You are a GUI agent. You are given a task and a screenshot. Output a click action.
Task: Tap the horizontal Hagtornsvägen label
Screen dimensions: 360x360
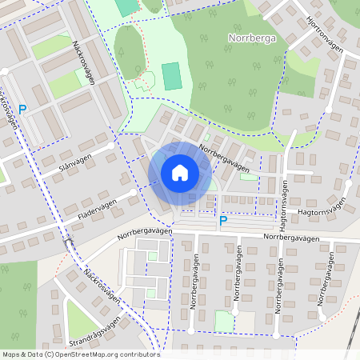point(326,205)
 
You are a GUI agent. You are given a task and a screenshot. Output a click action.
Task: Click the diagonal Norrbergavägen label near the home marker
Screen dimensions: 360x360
point(224,158)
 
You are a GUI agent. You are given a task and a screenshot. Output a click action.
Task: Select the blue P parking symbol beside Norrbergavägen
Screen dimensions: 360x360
point(222,220)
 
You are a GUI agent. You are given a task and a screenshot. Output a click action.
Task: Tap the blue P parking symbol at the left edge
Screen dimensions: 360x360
point(22,110)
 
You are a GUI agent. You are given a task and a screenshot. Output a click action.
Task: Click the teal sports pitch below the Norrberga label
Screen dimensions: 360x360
point(171,76)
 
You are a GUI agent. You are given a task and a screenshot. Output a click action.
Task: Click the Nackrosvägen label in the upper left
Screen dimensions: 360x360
point(89,58)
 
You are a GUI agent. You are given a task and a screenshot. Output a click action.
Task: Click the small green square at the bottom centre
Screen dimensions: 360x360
point(225,321)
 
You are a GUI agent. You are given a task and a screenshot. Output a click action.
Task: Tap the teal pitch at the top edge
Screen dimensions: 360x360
point(126,6)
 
